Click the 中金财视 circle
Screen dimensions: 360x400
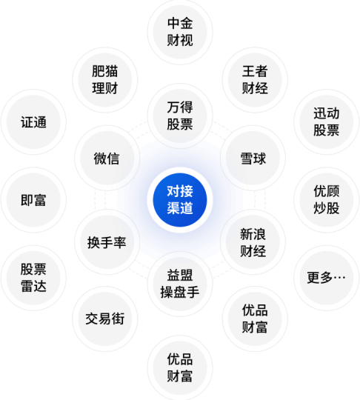180,32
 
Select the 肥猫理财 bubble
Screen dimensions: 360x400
105,80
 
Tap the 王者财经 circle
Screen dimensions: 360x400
255,80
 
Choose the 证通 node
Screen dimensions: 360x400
33,122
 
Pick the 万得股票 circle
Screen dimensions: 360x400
180,116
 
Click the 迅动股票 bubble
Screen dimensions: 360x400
327,122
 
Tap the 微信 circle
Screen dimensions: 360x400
107,158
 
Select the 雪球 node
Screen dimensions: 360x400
253,158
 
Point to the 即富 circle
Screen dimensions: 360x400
33,200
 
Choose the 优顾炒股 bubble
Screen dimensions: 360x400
327,200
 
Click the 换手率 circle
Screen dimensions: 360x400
107,242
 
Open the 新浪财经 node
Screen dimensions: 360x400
253,242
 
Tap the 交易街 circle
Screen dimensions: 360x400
105,319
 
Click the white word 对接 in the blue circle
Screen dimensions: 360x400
180,191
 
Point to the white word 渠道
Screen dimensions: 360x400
180,208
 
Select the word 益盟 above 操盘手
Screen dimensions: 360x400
180,276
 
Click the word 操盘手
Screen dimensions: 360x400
180,293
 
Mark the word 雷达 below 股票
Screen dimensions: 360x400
33,286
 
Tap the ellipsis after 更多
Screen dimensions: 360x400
339,277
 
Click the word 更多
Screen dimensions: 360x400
320,278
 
